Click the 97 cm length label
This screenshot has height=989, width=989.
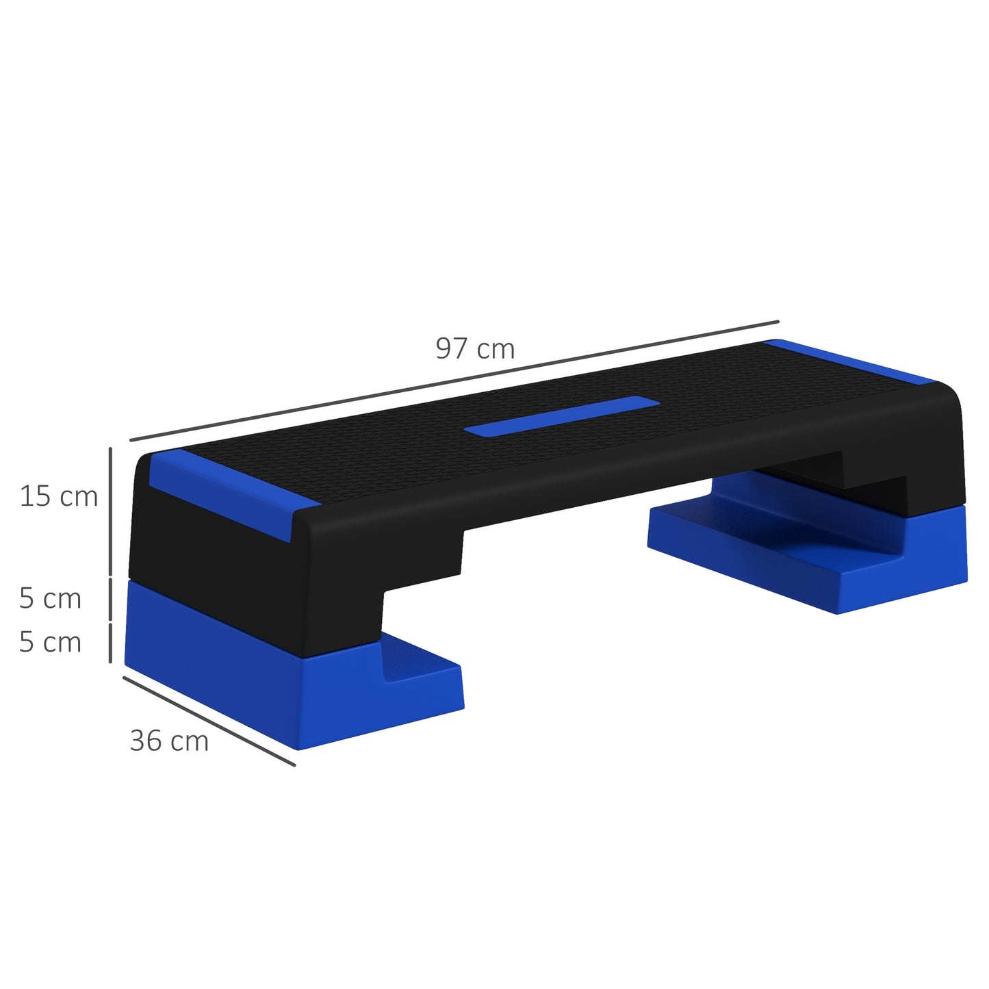point(475,349)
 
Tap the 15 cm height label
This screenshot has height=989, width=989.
point(59,497)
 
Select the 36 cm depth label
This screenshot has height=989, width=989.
point(169,741)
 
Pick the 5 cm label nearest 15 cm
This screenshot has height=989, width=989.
point(50,599)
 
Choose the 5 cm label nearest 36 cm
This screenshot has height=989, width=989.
point(50,643)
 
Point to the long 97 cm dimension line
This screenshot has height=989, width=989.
point(454,381)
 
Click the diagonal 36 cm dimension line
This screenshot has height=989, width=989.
point(209,721)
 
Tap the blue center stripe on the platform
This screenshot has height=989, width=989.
point(562,415)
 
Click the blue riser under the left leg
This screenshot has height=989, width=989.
point(274,691)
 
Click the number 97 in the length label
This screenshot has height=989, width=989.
point(452,349)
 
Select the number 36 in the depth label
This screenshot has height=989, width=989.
point(145,741)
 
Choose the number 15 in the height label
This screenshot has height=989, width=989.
point(34,497)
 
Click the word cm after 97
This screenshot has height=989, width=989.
point(496,350)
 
